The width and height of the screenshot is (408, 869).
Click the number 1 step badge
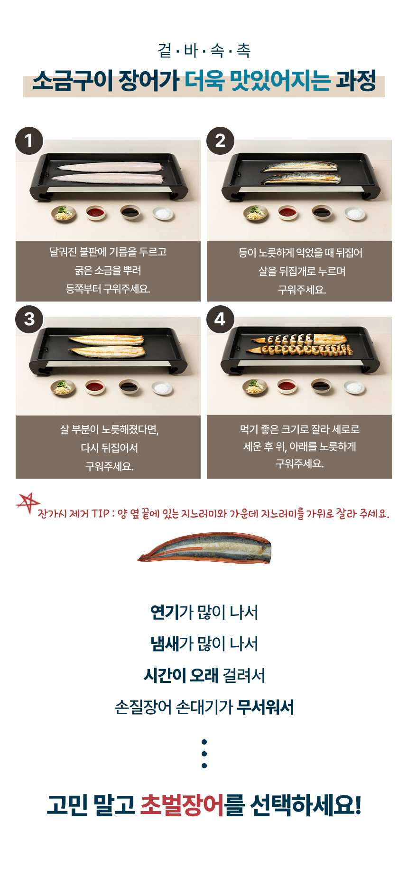[29, 141]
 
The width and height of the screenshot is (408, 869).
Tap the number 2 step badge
[221, 141]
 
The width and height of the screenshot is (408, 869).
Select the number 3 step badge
[29, 319]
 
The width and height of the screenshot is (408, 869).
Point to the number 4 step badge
[220, 319]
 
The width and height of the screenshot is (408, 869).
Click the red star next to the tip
[28, 503]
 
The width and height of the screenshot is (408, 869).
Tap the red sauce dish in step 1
[96, 213]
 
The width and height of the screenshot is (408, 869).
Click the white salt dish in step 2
[355, 214]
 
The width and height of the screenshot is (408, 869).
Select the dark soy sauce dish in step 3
[129, 387]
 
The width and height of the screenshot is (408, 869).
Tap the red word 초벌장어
[182, 805]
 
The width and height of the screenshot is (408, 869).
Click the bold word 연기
[165, 612]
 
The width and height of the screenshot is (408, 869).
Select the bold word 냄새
[165, 644]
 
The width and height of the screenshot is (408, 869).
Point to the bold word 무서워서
[266, 707]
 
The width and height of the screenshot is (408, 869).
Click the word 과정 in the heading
[356, 80]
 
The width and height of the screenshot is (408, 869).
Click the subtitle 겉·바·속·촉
[204, 50]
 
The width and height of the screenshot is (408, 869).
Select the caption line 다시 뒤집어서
[109, 448]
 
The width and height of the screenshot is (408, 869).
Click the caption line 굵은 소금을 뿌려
[108, 270]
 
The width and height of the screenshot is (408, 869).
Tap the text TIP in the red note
[101, 514]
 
